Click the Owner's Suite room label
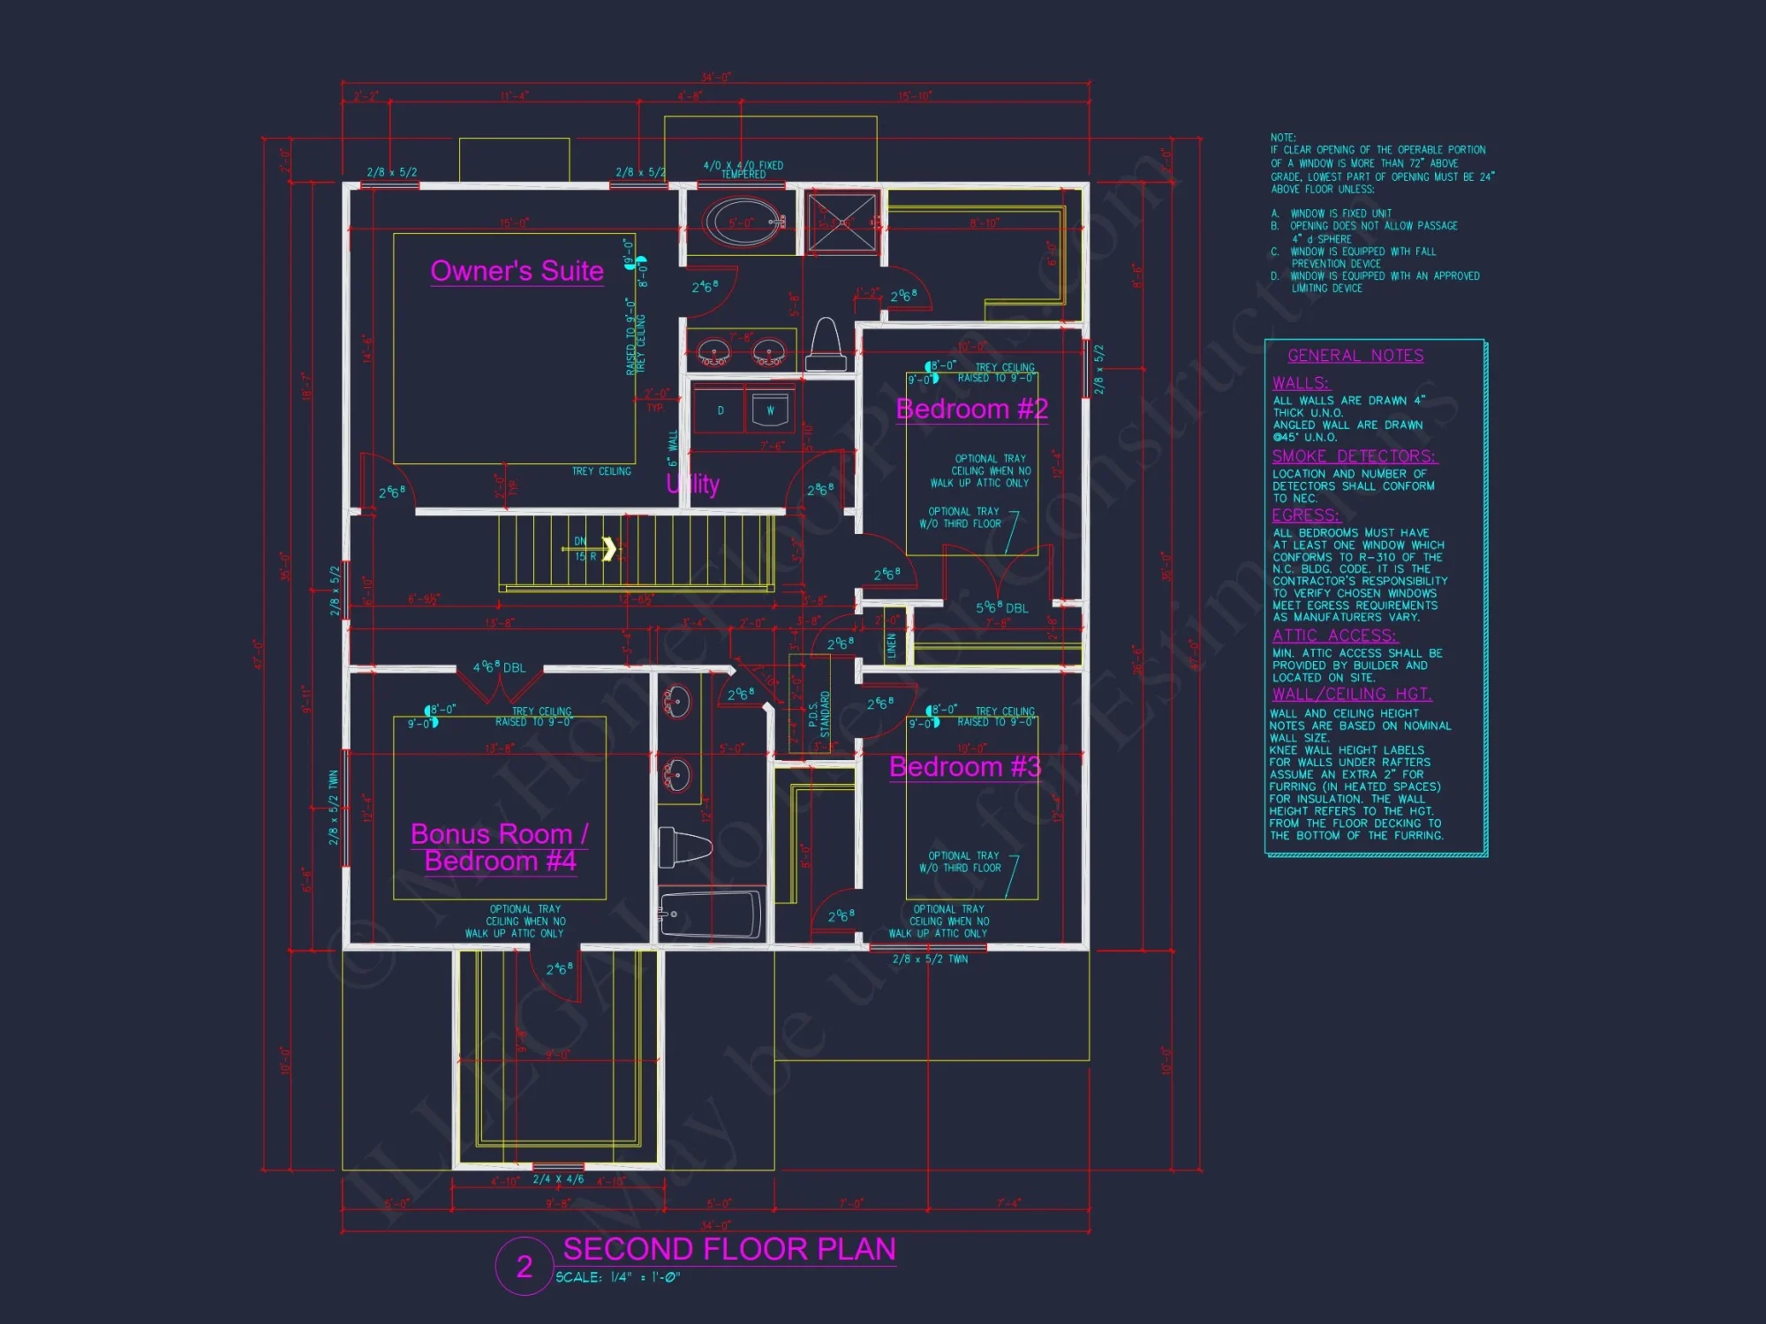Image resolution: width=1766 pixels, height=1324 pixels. click(517, 271)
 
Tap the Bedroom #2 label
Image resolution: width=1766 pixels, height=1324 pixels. click(971, 410)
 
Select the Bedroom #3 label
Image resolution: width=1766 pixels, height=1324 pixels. click(964, 767)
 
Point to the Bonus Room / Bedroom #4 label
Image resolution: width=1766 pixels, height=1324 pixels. click(500, 847)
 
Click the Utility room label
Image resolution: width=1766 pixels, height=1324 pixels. click(693, 484)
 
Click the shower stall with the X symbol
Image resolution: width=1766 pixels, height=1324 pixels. click(841, 222)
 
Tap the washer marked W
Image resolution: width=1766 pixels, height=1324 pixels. click(770, 410)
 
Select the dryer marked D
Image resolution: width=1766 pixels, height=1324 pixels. click(721, 410)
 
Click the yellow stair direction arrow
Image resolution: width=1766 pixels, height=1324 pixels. click(609, 548)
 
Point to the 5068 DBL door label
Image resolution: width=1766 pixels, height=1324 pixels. click(1001, 608)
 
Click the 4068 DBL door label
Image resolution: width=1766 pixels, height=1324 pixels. click(499, 667)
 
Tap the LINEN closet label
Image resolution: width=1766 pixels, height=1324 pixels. click(892, 645)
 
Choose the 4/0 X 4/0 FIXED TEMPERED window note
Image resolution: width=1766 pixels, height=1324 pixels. click(743, 169)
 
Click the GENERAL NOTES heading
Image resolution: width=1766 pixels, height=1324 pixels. click(1355, 356)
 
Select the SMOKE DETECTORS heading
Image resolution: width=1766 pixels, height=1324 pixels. click(1354, 456)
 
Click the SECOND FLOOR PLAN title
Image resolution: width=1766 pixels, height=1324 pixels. click(729, 1249)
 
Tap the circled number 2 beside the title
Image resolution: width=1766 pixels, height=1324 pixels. click(525, 1267)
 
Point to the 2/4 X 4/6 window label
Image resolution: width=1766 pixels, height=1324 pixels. click(558, 1179)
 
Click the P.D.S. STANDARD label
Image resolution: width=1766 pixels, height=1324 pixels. click(819, 714)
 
